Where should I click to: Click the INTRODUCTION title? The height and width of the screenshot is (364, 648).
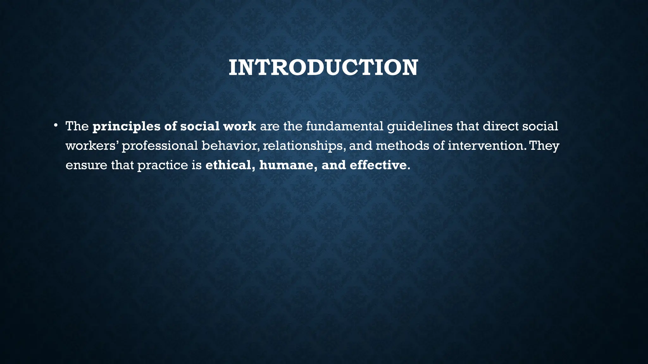pos(323,68)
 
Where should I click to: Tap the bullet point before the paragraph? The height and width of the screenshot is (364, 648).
pos(55,125)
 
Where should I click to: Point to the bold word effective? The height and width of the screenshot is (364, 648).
pos(378,165)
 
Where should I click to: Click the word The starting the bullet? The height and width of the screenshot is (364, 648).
pos(77,126)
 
